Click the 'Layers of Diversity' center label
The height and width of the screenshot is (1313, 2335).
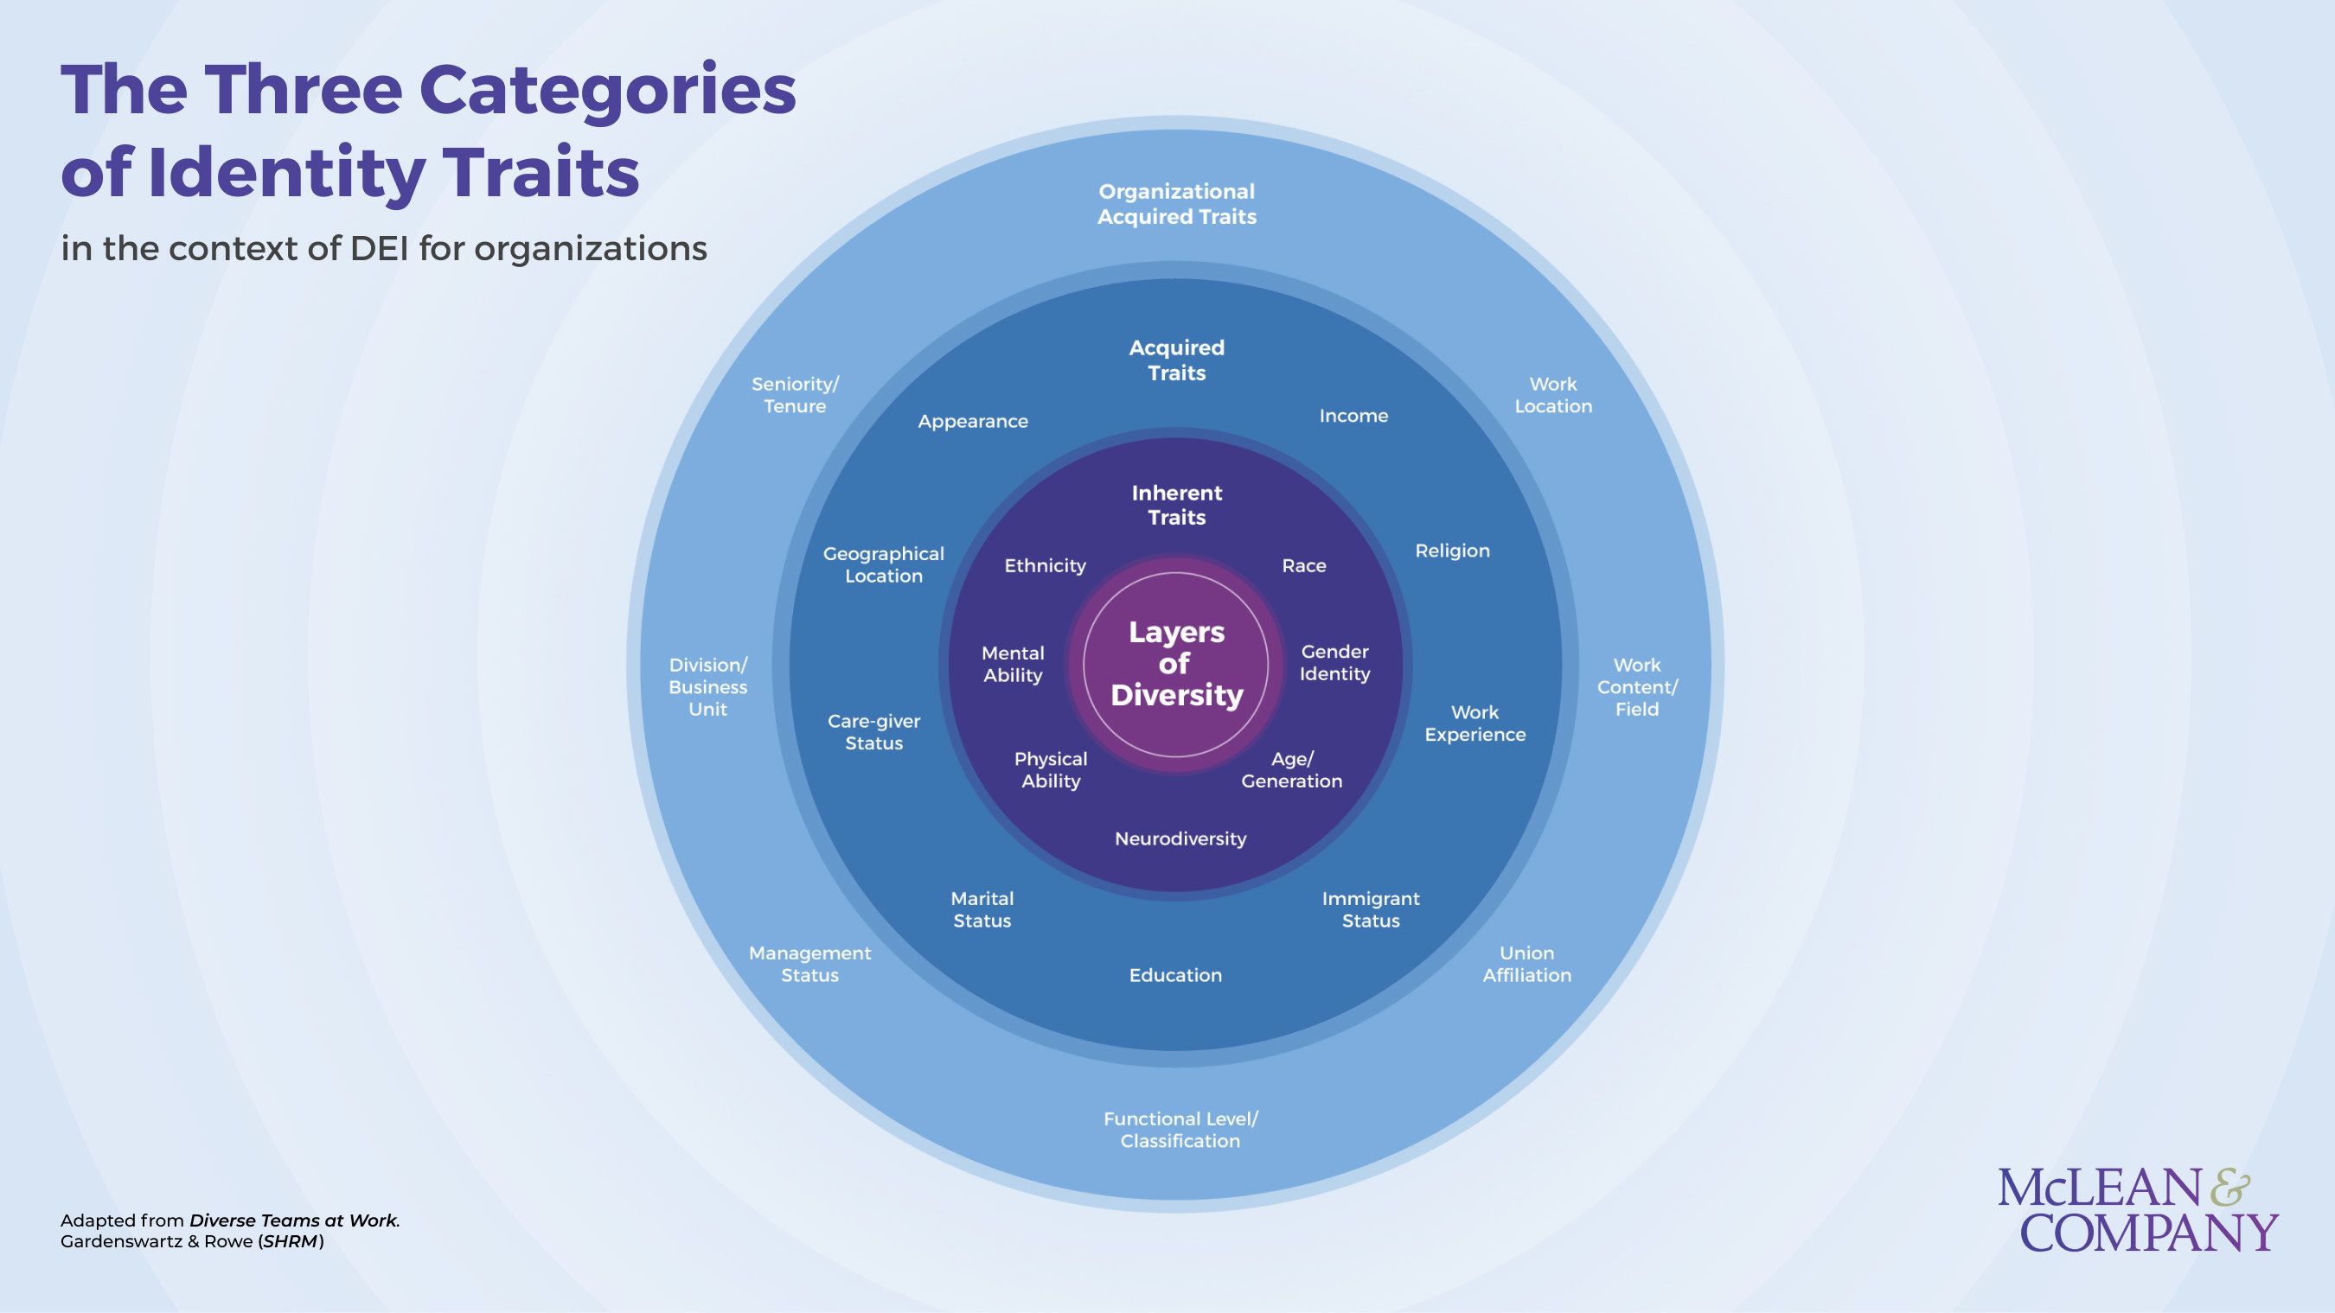(x=1175, y=663)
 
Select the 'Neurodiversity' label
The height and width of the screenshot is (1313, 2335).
(x=1180, y=839)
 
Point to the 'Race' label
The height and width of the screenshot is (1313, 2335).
(x=1303, y=565)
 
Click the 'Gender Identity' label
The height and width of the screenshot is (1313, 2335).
(x=1334, y=662)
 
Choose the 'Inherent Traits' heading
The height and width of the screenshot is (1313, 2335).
(x=1176, y=505)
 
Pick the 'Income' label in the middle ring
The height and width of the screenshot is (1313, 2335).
(x=1353, y=416)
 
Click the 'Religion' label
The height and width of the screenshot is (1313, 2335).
(x=1452, y=551)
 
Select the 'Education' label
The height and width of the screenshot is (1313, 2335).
(x=1174, y=975)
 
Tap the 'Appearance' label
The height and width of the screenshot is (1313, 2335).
(x=973, y=421)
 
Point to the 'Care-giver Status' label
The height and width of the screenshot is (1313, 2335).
(x=873, y=732)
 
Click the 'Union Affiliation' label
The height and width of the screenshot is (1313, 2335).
(x=1526, y=964)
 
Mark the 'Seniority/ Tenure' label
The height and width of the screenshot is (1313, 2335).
(x=795, y=395)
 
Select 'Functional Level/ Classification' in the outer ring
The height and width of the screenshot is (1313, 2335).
(x=1180, y=1130)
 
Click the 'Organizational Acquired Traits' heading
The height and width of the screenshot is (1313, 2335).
(x=1176, y=204)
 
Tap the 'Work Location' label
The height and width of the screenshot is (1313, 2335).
(x=1552, y=395)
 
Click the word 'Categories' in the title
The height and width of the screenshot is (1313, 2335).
(x=607, y=91)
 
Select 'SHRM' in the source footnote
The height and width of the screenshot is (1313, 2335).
(x=290, y=1241)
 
